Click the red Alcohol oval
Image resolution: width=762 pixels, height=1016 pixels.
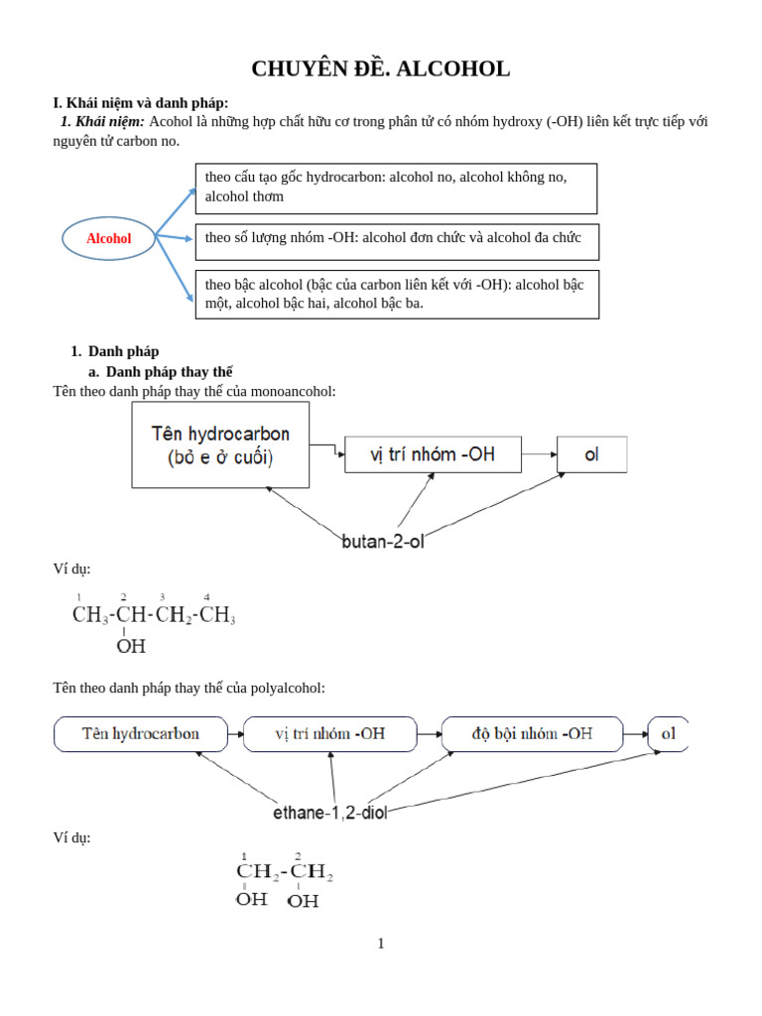click(x=109, y=238)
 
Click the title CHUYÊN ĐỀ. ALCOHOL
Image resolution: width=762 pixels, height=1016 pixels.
click(x=381, y=68)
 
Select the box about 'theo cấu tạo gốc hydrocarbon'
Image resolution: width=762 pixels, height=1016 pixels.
click(x=396, y=188)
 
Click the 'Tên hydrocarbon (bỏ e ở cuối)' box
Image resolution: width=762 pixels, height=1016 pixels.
click(x=220, y=445)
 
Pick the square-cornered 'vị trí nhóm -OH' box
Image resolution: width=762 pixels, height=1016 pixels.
click(x=432, y=454)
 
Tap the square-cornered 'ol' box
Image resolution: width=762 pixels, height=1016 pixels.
click(x=591, y=454)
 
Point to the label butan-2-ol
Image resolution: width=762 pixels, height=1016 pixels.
click(x=383, y=542)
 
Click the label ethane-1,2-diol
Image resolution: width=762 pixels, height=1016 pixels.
click(x=330, y=813)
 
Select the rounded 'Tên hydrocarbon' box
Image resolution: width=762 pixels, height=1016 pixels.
click(x=141, y=734)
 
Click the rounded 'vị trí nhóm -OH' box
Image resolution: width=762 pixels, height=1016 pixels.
click(x=329, y=734)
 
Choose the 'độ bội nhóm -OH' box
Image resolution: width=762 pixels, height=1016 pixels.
click(x=532, y=734)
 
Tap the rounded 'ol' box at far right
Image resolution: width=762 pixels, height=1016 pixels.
click(x=668, y=734)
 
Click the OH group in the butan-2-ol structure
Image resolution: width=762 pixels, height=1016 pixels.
click(x=131, y=647)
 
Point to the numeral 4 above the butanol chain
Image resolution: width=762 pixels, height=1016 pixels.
click(x=206, y=596)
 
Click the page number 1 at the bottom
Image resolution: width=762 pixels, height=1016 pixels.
click(x=380, y=944)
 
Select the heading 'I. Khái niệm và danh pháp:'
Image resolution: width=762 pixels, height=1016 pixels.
click(x=140, y=102)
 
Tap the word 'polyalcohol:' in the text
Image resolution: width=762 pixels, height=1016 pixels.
click(x=288, y=688)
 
